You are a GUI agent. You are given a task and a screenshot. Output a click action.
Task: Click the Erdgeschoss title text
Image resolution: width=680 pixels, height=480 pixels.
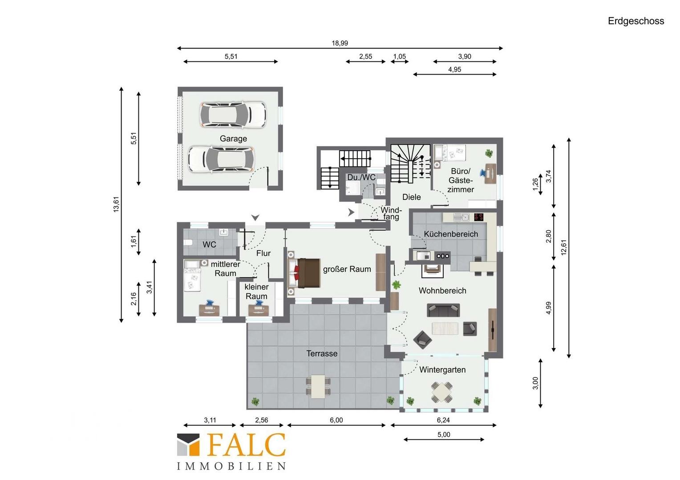pyautogui.click(x=635, y=21)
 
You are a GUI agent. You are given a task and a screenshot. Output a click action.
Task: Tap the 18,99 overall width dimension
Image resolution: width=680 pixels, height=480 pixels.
pyautogui.click(x=340, y=43)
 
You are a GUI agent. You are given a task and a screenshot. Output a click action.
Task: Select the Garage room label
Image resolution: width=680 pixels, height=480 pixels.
pyautogui.click(x=233, y=139)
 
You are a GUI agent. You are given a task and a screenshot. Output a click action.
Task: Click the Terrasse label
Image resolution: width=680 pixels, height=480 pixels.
pyautogui.click(x=322, y=353)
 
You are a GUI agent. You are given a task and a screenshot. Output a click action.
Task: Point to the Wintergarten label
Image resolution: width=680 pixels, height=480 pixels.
pyautogui.click(x=442, y=370)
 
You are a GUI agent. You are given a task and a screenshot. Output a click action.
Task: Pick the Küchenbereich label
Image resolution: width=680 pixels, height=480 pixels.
pyautogui.click(x=451, y=234)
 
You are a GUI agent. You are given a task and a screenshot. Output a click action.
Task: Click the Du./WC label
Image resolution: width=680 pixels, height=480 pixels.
pyautogui.click(x=361, y=177)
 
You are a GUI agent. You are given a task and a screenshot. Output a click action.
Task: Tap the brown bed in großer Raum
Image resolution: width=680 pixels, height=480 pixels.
pyautogui.click(x=309, y=273)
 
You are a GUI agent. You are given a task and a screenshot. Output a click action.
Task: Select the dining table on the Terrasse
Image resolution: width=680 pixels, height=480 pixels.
pyautogui.click(x=318, y=387)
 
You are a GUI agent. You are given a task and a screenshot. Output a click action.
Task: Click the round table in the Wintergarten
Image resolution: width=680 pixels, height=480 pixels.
pyautogui.click(x=442, y=392)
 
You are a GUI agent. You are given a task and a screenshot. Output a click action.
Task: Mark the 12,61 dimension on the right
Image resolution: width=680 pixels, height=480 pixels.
pyautogui.click(x=564, y=248)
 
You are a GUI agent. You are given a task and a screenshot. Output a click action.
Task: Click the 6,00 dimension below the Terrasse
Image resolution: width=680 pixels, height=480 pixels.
pyautogui.click(x=336, y=420)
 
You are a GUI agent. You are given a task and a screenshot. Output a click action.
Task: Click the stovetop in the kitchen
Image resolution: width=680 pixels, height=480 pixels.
pyautogui.click(x=479, y=216)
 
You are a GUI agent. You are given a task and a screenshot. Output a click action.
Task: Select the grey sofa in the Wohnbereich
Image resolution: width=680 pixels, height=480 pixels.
pyautogui.click(x=443, y=310)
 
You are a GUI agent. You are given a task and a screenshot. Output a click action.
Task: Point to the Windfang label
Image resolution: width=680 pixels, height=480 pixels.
pyautogui.click(x=391, y=213)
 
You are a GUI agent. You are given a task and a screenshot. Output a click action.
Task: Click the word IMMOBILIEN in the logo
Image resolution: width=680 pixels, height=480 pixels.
pyautogui.click(x=231, y=466)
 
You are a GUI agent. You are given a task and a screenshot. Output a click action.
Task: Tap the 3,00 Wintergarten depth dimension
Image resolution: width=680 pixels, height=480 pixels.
pyautogui.click(x=535, y=383)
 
